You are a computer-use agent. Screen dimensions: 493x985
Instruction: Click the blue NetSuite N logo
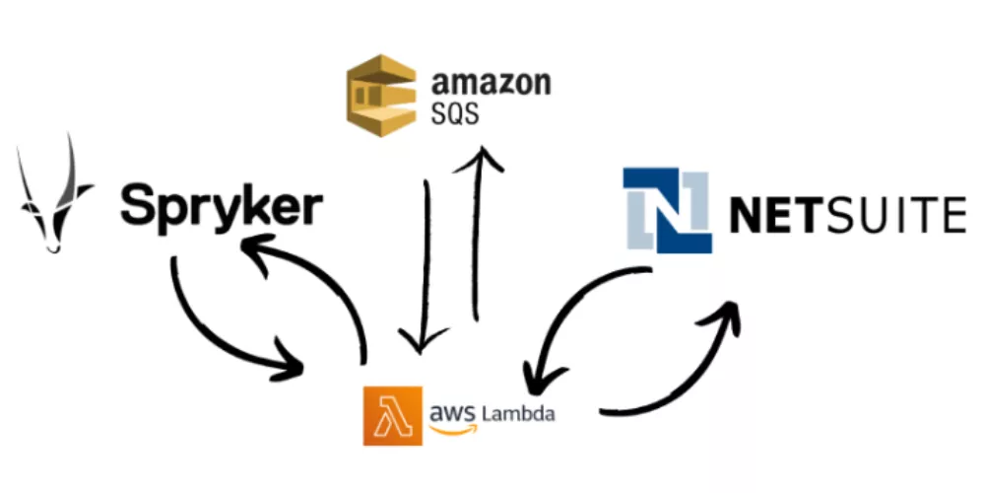pos(668,210)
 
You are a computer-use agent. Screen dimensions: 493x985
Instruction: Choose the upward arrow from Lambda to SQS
pos(479,237)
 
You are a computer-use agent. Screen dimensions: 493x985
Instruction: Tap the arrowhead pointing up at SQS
pos(481,158)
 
